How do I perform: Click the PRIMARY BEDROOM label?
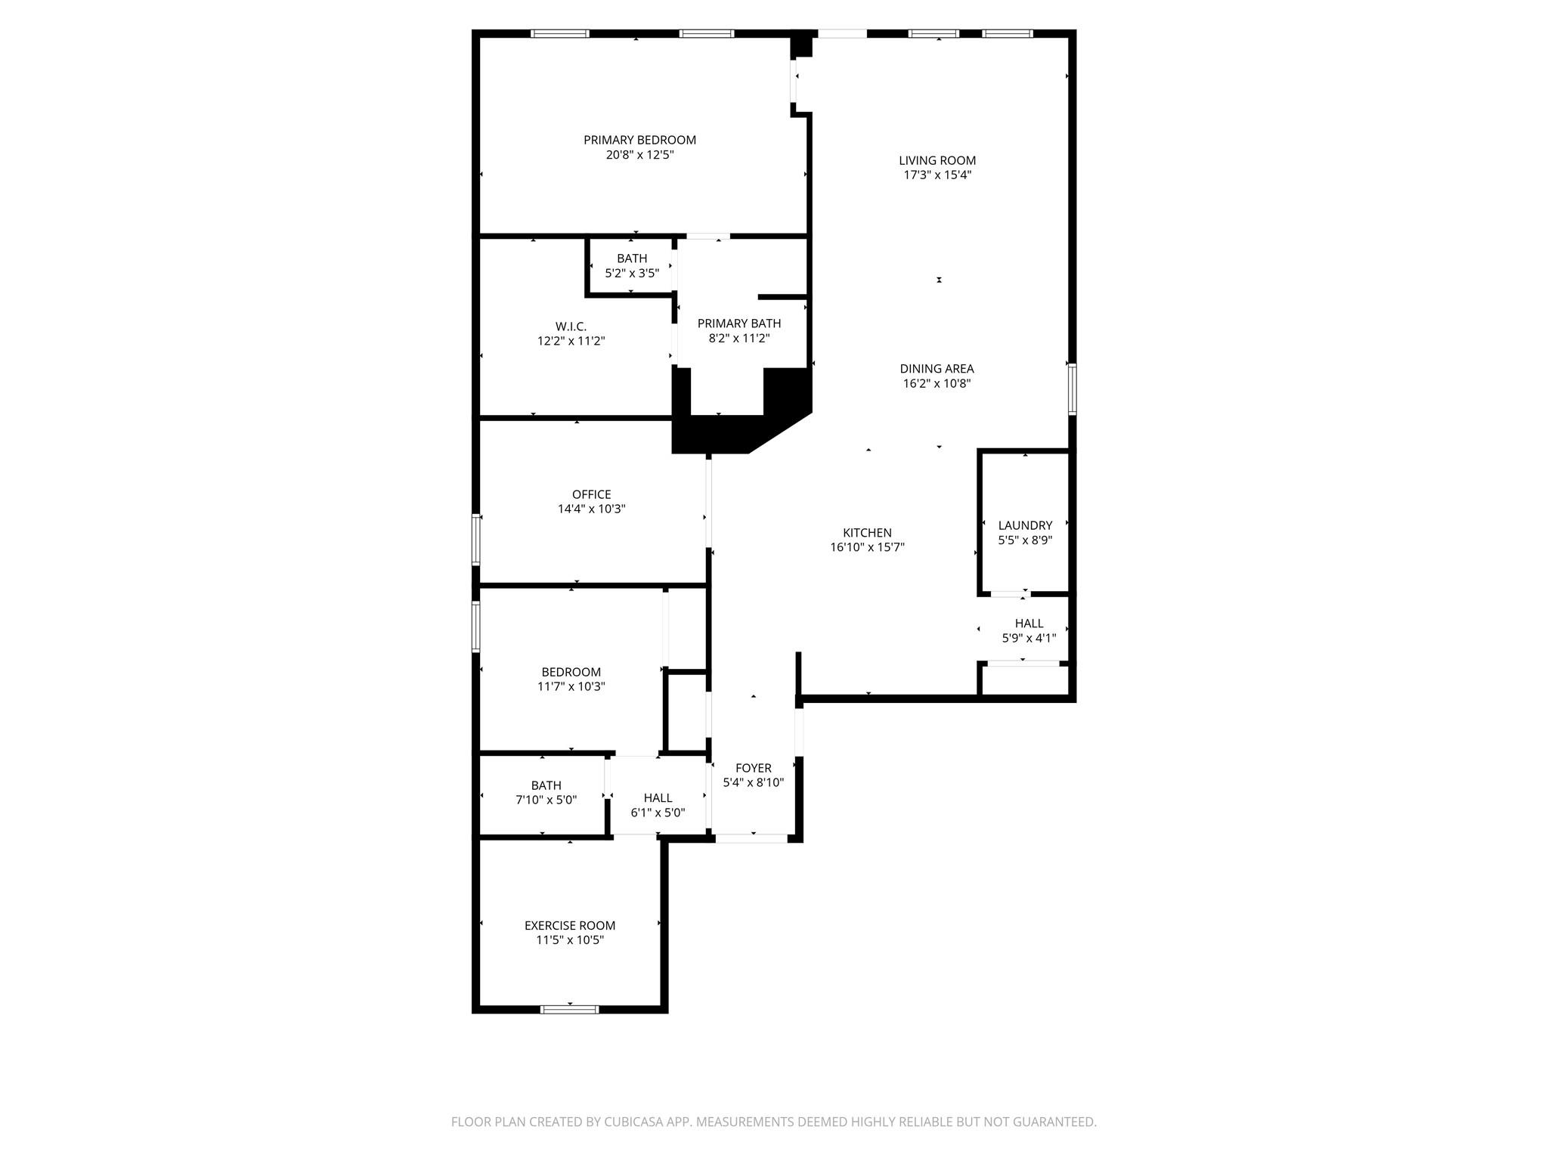(639, 140)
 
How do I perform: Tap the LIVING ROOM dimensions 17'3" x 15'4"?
(937, 175)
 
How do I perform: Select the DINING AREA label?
(937, 369)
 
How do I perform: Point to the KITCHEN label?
(867, 533)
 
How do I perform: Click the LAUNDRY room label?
(1025, 525)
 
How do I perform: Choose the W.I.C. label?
(571, 327)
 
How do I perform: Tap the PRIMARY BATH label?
(738, 324)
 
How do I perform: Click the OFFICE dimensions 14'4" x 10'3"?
(591, 509)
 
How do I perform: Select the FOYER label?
(753, 768)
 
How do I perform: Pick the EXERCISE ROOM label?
(570, 925)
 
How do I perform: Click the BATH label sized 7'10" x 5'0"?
(546, 785)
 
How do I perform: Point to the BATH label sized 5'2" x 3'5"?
(632, 259)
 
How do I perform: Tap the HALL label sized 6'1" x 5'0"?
(658, 797)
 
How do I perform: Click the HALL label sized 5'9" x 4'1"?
(1029, 624)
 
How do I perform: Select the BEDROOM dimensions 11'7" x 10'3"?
(571, 686)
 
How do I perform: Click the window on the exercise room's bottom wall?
(570, 1009)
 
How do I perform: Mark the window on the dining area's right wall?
(1072, 389)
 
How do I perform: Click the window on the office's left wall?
(476, 539)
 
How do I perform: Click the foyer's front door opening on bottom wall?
(751, 837)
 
